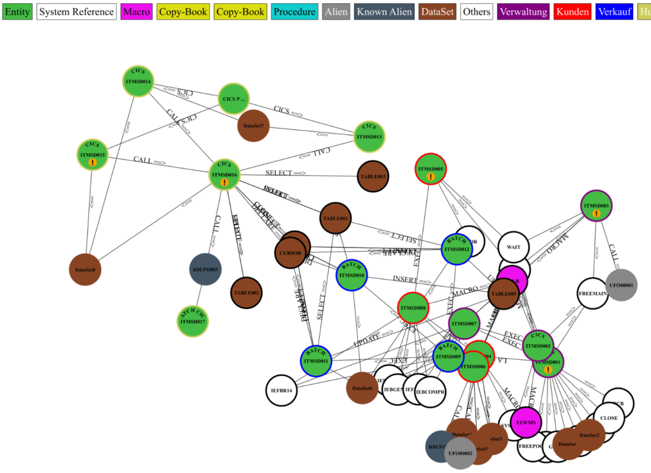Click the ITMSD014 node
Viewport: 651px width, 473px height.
[x=138, y=81]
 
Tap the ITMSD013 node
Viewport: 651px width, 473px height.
[x=369, y=137]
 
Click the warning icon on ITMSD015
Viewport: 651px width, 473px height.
[x=93, y=163]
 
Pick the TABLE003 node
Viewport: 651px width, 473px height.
[x=373, y=176]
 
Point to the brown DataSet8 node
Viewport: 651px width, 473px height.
[x=85, y=270]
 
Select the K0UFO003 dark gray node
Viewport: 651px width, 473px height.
[x=205, y=270]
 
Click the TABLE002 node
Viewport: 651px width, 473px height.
[x=246, y=293]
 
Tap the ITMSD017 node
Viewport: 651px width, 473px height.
[x=192, y=321]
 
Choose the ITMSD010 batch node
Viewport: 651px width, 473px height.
[x=352, y=275]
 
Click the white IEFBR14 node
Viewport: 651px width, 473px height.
[x=282, y=390]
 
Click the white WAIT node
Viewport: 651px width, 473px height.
[x=514, y=247]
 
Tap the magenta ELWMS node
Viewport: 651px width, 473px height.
[x=526, y=422]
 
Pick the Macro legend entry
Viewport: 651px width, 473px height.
[x=137, y=11]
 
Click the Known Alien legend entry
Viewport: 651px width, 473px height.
[x=385, y=11]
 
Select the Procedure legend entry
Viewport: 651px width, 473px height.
[x=294, y=11]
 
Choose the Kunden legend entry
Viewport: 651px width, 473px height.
[x=573, y=11]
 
